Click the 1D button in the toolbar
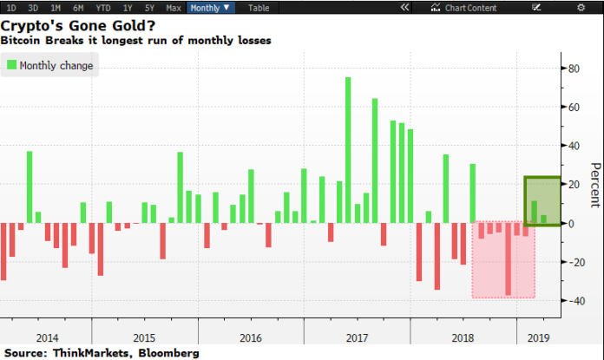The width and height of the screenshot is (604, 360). pos(11,7)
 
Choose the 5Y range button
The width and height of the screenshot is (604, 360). pos(150,7)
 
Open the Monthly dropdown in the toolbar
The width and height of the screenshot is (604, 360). pos(212,7)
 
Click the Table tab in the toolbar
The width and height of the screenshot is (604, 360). pos(259,7)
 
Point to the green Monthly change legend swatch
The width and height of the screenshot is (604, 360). pos(12,65)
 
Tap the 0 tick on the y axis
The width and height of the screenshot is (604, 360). pos(572,223)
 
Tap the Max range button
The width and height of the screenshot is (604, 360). pos(174,7)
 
